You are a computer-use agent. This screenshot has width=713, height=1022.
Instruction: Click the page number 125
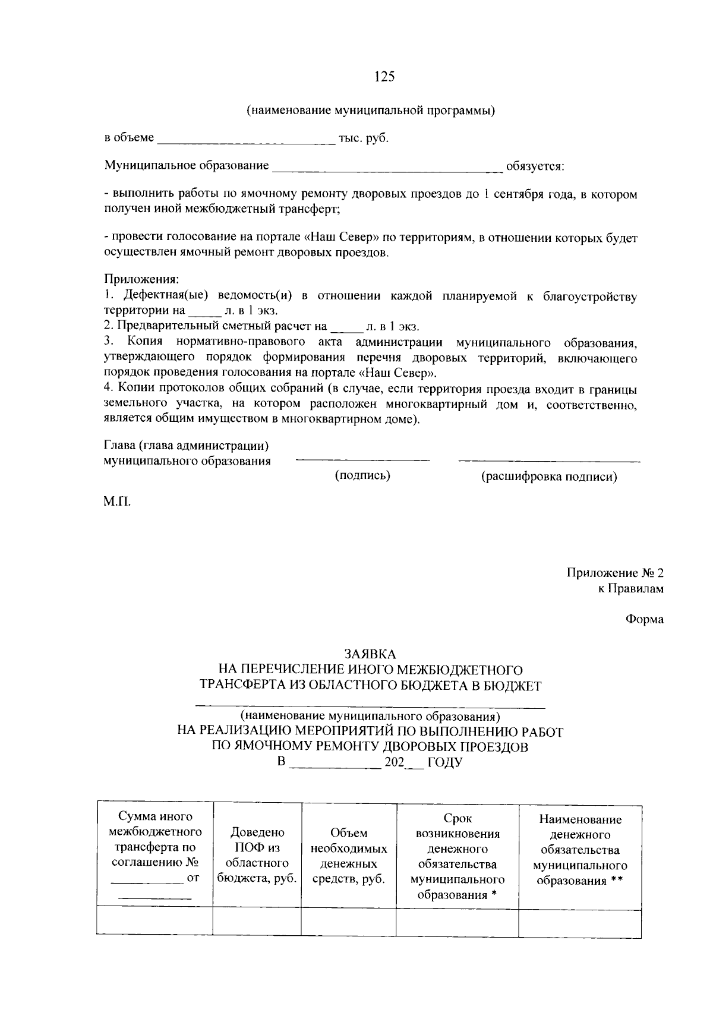(384, 77)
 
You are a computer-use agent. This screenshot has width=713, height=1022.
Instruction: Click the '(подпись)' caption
(362, 475)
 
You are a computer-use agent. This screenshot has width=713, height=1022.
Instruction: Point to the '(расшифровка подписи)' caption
(548, 477)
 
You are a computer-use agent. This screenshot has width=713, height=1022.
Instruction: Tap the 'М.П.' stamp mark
(116, 501)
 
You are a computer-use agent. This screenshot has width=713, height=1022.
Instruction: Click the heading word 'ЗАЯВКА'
(370, 654)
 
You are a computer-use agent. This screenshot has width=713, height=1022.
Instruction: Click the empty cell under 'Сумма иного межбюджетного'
(154, 922)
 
